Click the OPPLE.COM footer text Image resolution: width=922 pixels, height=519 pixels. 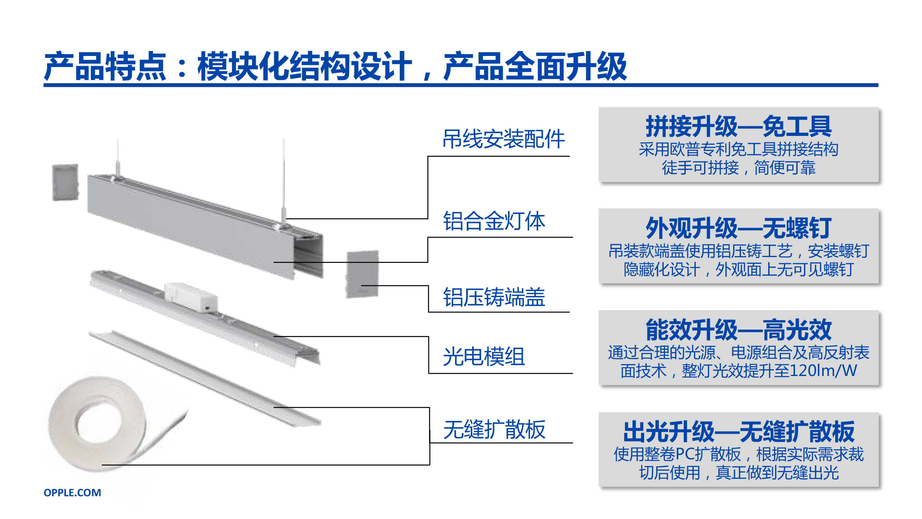(72, 493)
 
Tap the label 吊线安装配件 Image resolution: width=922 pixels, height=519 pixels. (504, 139)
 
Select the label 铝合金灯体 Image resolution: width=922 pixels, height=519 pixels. (494, 221)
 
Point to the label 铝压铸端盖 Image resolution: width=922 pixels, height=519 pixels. (494, 297)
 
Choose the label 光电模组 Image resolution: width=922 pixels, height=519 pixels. (484, 357)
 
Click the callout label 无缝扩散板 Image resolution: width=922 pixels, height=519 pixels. (494, 430)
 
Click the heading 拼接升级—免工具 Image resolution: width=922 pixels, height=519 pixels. (739, 126)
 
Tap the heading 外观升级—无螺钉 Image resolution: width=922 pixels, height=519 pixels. (739, 228)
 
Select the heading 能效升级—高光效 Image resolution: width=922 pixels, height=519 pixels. (739, 330)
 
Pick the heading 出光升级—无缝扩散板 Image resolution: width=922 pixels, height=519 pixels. (739, 432)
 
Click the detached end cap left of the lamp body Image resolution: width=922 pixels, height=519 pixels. (65, 182)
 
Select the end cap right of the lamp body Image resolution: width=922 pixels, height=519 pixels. (362, 274)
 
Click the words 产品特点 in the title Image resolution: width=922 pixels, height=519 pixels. (105, 66)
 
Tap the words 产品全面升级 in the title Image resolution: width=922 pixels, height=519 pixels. (535, 66)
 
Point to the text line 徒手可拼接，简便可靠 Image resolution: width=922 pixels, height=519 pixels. (739, 168)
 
